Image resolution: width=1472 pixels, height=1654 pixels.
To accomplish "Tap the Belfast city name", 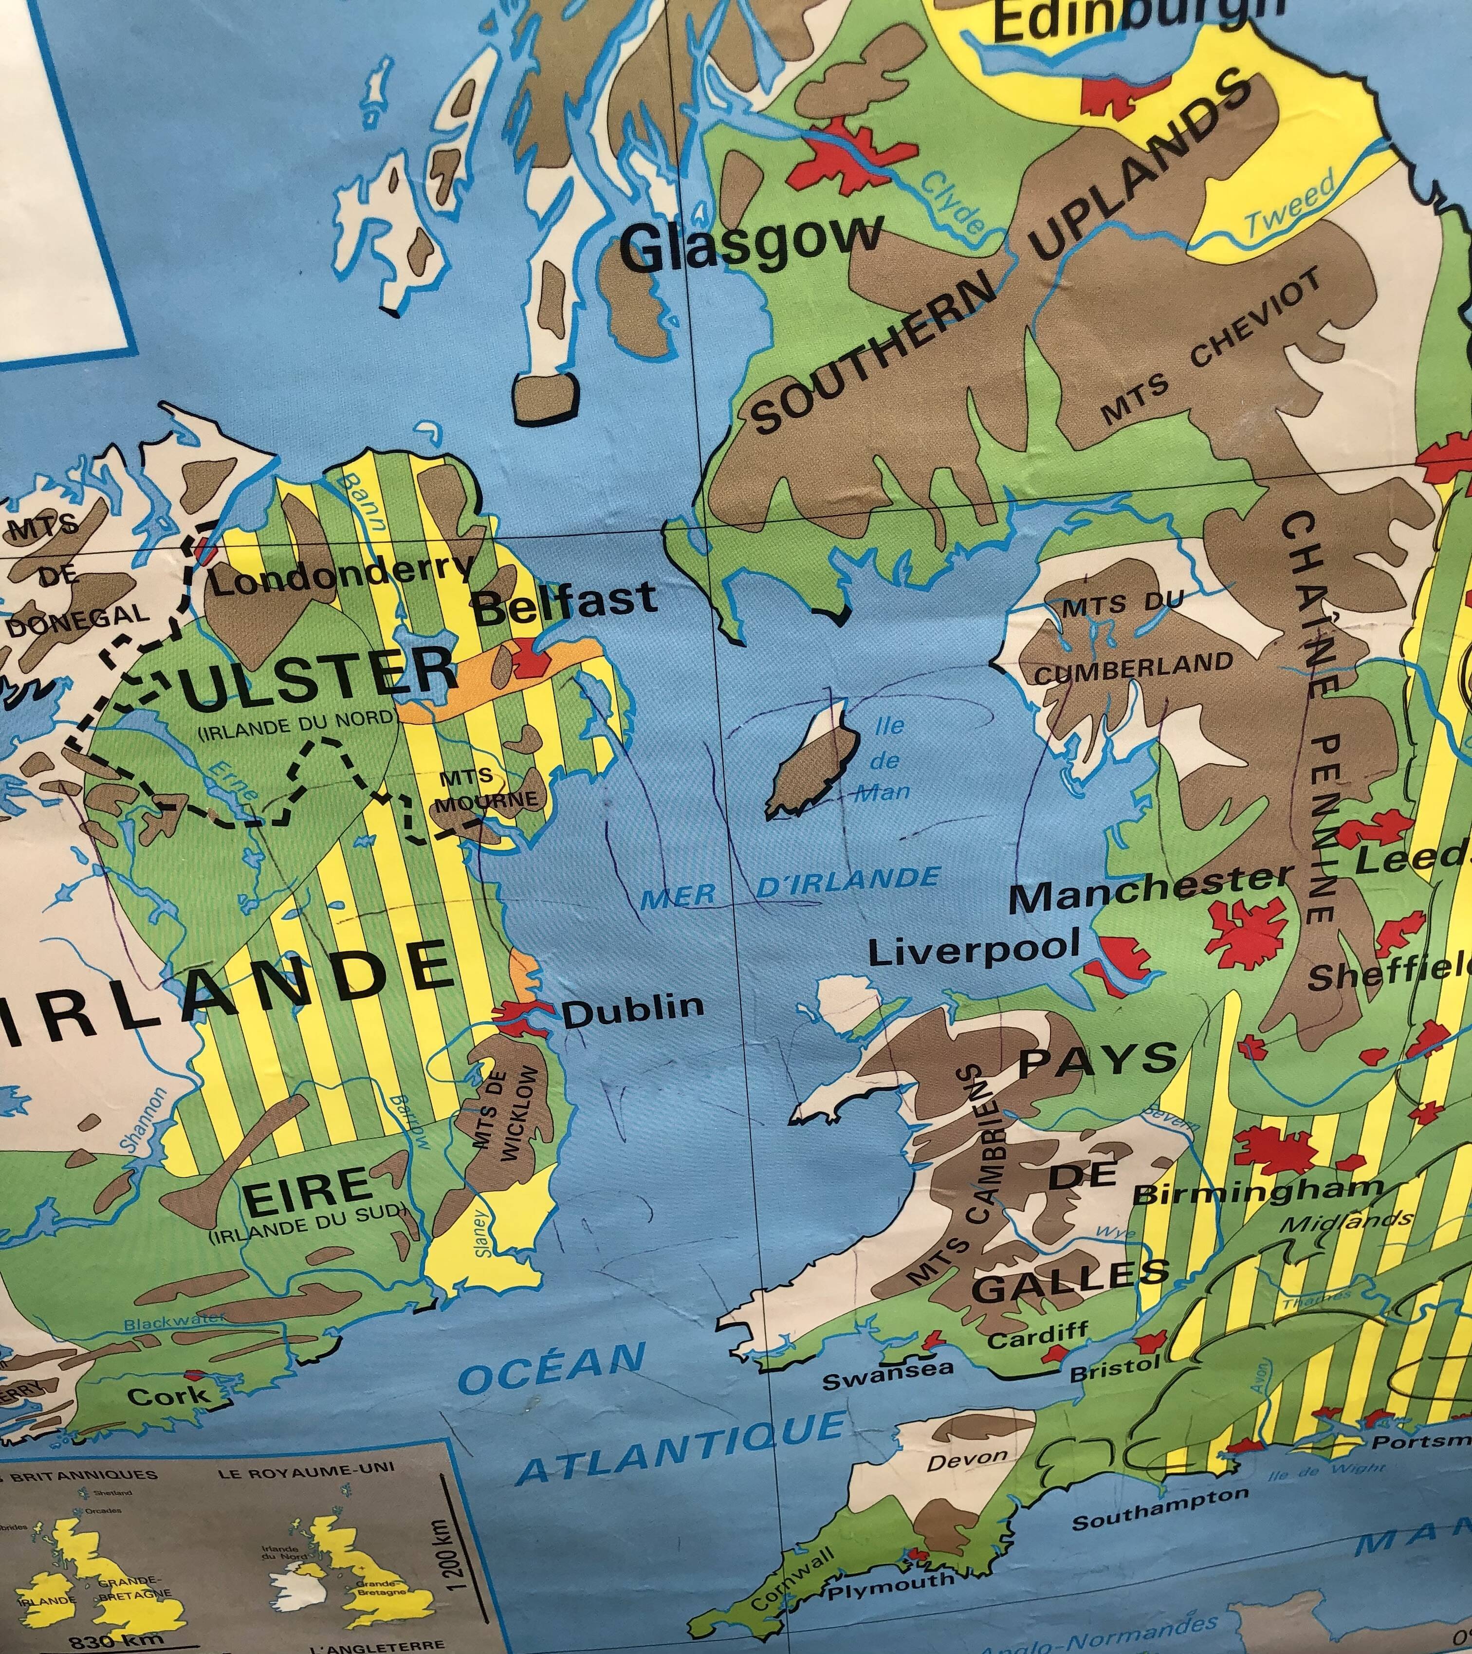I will [x=564, y=604].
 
